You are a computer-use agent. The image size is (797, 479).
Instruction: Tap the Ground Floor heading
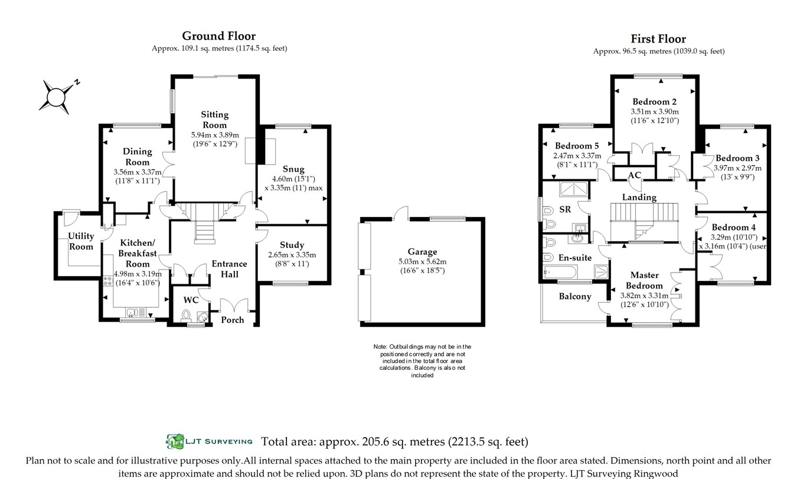click(x=218, y=36)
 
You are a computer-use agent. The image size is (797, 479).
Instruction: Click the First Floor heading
click(x=658, y=39)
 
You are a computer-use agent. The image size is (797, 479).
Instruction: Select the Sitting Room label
click(x=214, y=120)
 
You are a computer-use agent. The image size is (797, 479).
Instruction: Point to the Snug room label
click(x=293, y=169)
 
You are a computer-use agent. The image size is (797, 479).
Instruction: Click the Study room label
click(x=292, y=245)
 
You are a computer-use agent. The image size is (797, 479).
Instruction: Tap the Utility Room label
click(x=81, y=241)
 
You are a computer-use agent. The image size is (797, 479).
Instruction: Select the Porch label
click(x=233, y=320)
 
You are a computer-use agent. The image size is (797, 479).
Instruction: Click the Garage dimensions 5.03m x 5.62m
click(x=422, y=261)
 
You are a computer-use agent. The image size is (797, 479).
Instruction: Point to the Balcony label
click(x=575, y=296)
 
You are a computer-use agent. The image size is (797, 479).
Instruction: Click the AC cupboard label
click(x=635, y=175)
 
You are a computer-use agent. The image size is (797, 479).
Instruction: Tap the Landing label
click(x=639, y=197)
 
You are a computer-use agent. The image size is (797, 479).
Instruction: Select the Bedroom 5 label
click(x=577, y=146)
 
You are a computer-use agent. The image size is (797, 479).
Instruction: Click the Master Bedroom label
click(x=644, y=280)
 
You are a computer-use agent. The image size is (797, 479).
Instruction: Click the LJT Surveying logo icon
click(x=175, y=441)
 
